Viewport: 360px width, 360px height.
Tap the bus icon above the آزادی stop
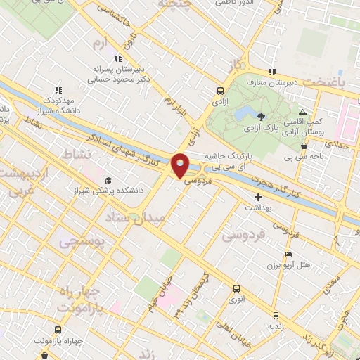pyautogui.click(x=221, y=91)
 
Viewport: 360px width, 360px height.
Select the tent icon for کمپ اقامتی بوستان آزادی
pyautogui.click(x=303, y=112)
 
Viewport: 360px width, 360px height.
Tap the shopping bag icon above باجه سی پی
pyautogui.click(x=304, y=146)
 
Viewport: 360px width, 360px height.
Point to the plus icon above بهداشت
pyautogui.click(x=258, y=197)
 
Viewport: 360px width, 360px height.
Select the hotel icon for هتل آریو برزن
pyautogui.click(x=288, y=254)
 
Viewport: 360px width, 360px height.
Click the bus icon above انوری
pyautogui.click(x=236, y=288)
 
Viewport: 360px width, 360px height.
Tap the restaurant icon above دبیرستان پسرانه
pyautogui.click(x=119, y=58)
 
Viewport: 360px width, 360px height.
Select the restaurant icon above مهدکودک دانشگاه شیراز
pyautogui.click(x=58, y=89)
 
